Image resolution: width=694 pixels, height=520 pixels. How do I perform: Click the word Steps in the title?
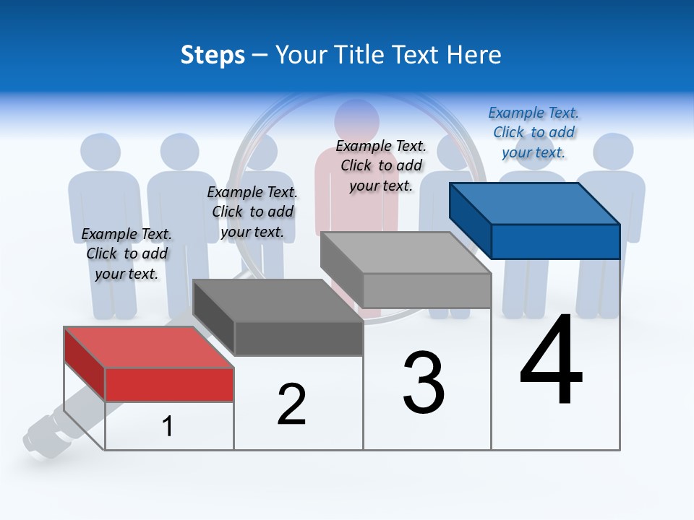(213, 55)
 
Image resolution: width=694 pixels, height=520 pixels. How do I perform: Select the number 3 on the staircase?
(424, 383)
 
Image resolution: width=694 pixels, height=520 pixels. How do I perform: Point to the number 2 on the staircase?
(292, 404)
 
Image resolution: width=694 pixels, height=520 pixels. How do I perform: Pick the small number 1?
(168, 426)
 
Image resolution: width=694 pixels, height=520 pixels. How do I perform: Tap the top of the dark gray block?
(278, 300)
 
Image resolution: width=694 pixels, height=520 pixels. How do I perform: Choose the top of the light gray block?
(405, 253)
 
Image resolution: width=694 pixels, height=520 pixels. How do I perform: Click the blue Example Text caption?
(534, 132)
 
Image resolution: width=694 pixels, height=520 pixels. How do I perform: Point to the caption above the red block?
(127, 253)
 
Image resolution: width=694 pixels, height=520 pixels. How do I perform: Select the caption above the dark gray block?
(252, 212)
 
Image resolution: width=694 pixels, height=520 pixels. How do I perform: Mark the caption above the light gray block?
(381, 165)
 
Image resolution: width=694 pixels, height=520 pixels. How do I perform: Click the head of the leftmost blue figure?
(100, 152)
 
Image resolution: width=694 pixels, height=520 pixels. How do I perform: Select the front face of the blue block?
(555, 241)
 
